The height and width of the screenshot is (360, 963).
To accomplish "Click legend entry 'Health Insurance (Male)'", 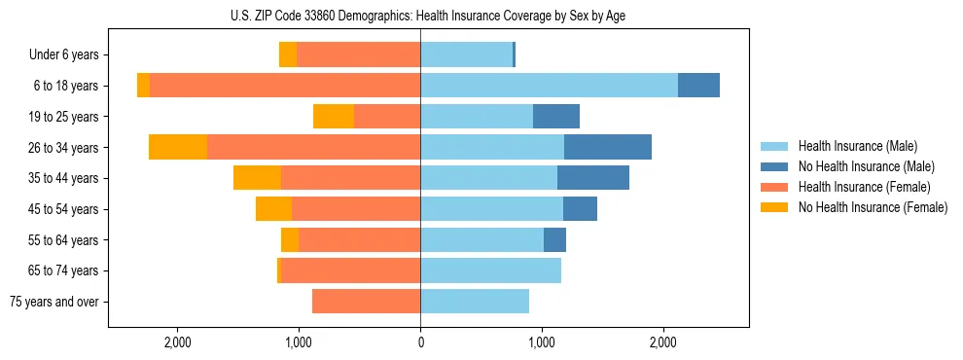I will pyautogui.click(x=857, y=146).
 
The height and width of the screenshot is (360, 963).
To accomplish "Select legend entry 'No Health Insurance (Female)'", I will pyautogui.click(x=873, y=207).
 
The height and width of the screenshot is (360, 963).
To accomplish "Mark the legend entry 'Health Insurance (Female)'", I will pyautogui.click(x=864, y=187).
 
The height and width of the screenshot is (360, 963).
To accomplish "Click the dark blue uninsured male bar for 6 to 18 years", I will pyautogui.click(x=698, y=86).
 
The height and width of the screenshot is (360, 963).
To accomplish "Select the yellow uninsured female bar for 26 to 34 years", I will pyautogui.click(x=178, y=147).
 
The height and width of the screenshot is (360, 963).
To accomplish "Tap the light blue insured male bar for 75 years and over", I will pyautogui.click(x=475, y=302).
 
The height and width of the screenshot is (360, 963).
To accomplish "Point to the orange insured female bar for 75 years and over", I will pyautogui.click(x=366, y=302).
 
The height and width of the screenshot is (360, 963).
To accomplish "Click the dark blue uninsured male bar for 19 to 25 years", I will pyautogui.click(x=556, y=117).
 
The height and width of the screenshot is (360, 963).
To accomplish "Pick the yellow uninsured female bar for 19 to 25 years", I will pyautogui.click(x=334, y=117).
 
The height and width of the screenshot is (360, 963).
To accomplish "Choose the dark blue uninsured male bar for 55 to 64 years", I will pyautogui.click(x=554, y=239).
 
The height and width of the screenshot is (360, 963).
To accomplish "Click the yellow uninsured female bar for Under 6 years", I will pyautogui.click(x=288, y=54).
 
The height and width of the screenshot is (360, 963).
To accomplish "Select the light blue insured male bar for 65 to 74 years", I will pyautogui.click(x=490, y=270).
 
